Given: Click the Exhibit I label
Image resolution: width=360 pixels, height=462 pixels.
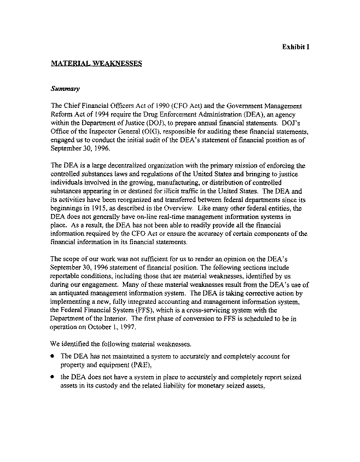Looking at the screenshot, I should [296, 47].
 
